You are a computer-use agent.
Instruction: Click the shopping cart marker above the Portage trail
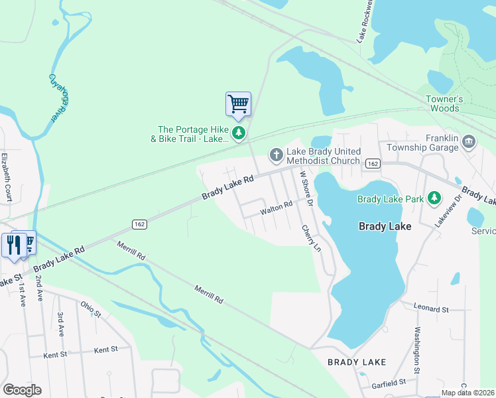tap(238, 104)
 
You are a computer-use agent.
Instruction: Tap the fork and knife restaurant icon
tap(13, 244)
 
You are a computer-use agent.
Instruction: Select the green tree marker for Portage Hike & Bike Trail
tap(238, 133)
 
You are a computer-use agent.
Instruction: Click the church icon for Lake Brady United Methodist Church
tap(276, 155)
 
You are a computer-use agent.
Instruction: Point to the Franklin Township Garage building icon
tap(469, 140)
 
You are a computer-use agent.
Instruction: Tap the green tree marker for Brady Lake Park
tap(434, 198)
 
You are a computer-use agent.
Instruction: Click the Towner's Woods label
tap(442, 103)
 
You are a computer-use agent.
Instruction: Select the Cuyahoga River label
tap(60, 98)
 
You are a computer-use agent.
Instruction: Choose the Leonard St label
tap(431, 309)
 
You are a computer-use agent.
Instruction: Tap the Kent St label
tap(105, 349)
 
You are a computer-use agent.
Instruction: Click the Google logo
tap(22, 390)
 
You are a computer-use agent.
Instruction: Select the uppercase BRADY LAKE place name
tap(357, 362)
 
